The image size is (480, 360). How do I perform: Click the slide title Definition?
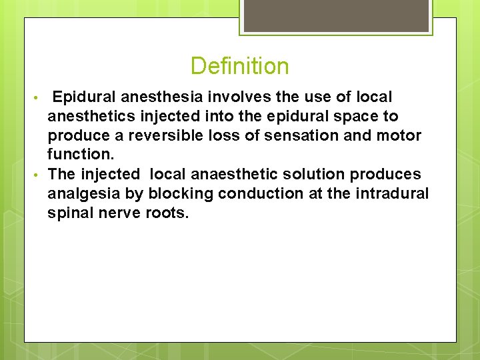tap(239, 66)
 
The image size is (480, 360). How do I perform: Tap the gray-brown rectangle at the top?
tap(335, 15)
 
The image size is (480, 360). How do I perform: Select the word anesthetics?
tap(91, 117)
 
